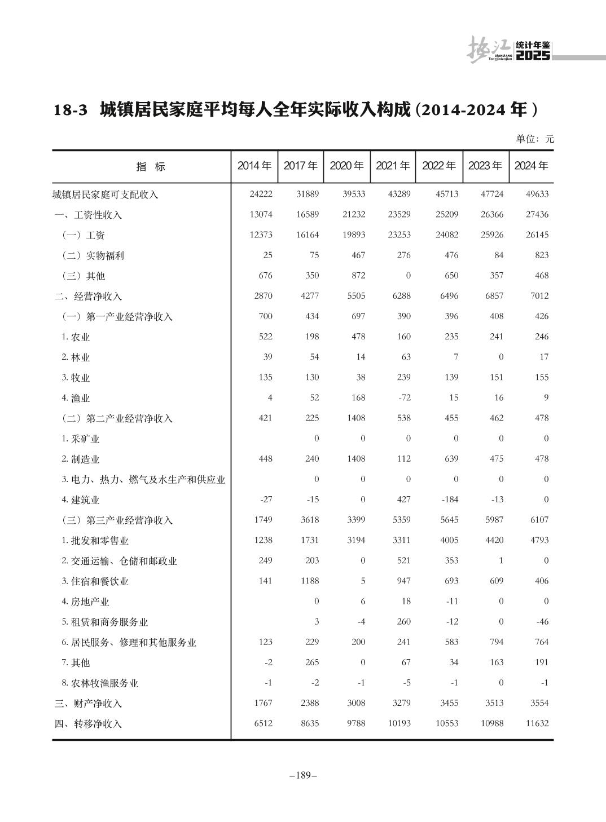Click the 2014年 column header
click(x=254, y=166)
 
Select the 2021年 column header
click(x=393, y=166)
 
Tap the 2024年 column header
click(x=531, y=166)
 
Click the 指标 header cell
click(x=151, y=166)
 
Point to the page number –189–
click(x=303, y=775)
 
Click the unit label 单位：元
click(x=535, y=139)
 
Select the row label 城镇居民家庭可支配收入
click(x=106, y=195)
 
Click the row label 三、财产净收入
click(x=88, y=703)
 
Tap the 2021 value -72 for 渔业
click(x=404, y=397)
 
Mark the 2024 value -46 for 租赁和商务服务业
click(x=542, y=621)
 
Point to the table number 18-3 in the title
click(x=71, y=109)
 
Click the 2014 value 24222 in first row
click(x=261, y=194)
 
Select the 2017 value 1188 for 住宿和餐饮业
click(x=310, y=581)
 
